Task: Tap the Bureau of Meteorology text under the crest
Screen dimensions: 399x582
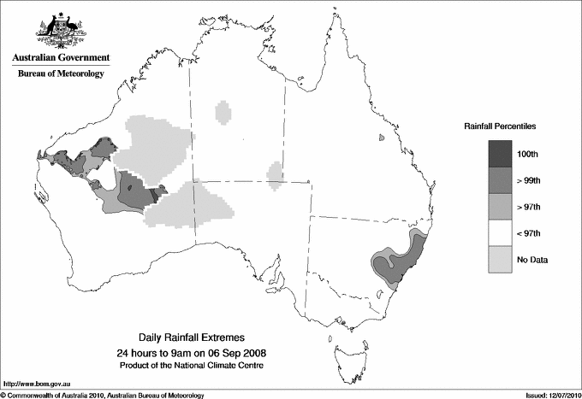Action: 61,74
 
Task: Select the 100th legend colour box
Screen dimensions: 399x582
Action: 501,153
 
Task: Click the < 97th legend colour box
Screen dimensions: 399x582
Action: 501,232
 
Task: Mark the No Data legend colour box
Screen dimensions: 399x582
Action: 501,259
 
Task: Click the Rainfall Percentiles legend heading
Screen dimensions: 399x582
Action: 500,126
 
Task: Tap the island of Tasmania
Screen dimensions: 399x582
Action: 346,349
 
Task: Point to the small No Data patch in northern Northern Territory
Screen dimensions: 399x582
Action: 223,112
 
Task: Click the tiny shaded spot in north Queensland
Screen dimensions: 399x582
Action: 381,137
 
